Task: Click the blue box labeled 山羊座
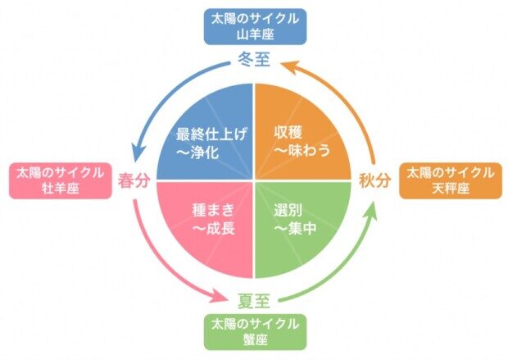coord(253,25)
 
